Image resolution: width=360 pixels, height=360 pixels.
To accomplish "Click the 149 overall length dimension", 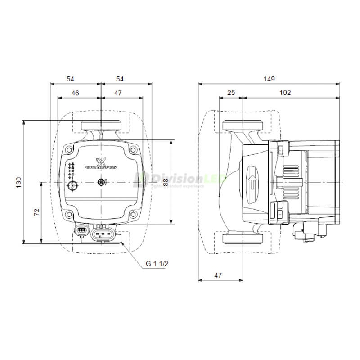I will point(269,79).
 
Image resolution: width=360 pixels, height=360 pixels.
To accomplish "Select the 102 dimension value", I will point(285,93).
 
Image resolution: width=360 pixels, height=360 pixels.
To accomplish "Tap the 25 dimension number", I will point(231,93).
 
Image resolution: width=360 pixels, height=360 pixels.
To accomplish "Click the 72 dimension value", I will point(37,211).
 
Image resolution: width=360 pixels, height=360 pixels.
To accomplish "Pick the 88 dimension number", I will point(166,182).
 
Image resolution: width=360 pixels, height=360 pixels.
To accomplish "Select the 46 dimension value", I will point(75,93).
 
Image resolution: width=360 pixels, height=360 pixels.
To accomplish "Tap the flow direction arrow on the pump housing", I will point(252,182).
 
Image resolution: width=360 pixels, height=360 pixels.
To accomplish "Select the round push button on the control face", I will point(72,186).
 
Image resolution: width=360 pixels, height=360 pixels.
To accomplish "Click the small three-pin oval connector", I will point(81,231).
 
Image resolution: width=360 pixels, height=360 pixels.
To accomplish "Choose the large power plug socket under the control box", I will point(103,234).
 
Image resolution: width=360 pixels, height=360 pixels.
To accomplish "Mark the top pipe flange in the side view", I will point(243,125).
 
